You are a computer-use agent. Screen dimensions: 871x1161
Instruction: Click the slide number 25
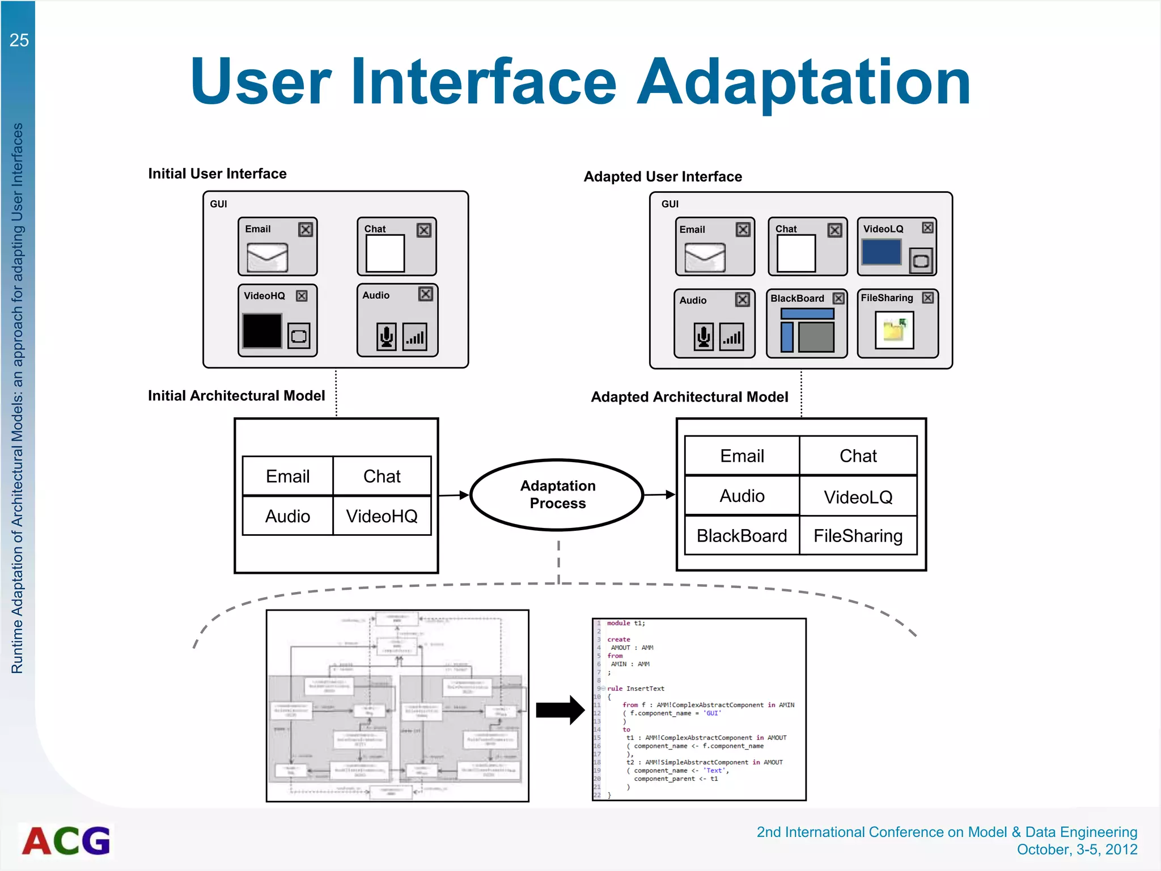pyautogui.click(x=19, y=40)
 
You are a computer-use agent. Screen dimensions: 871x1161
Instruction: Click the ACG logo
pyautogui.click(x=66, y=840)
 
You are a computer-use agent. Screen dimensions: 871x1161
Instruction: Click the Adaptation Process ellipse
pyautogui.click(x=557, y=494)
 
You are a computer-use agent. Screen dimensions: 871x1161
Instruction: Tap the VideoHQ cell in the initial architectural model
pyautogui.click(x=382, y=516)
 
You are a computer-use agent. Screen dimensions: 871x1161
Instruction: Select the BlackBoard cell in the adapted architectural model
pyautogui.click(x=741, y=535)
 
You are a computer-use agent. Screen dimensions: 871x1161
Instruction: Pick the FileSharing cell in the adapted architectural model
pyautogui.click(x=858, y=535)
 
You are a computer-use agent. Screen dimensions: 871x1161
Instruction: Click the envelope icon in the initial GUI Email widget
pyautogui.click(x=267, y=257)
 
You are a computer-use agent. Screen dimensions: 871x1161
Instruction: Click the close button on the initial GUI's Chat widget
pyautogui.click(x=424, y=230)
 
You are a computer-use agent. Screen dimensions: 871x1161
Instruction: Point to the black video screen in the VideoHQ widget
pyautogui.click(x=262, y=331)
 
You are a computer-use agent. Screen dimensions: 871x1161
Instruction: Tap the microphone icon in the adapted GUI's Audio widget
pyautogui.click(x=704, y=337)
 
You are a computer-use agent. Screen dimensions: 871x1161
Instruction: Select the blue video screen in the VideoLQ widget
pyautogui.click(x=881, y=252)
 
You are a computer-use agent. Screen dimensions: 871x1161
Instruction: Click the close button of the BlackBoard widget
pyautogui.click(x=838, y=298)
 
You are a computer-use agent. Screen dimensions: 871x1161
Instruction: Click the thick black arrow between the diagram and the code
pyautogui.click(x=560, y=710)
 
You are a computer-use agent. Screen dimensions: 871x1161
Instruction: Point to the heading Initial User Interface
pyautogui.click(x=217, y=174)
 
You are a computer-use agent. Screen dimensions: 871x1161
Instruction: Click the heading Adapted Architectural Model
pyautogui.click(x=689, y=397)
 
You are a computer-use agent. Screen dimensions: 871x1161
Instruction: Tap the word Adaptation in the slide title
pyautogui.click(x=804, y=82)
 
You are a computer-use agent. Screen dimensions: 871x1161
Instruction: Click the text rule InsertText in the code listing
pyautogui.click(x=635, y=688)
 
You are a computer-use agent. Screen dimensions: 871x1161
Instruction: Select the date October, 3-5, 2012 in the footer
pyautogui.click(x=1077, y=849)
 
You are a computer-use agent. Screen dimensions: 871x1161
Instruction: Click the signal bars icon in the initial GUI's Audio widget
pyautogui.click(x=415, y=337)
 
